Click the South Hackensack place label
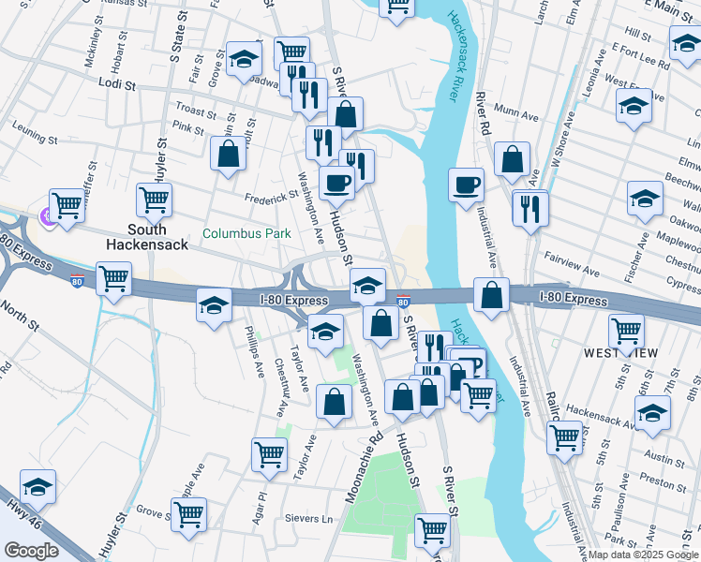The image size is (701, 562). [x=148, y=236]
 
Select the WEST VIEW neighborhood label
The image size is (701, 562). [x=620, y=353]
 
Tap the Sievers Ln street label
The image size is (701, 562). [x=315, y=518]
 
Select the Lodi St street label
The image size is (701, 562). [x=117, y=83]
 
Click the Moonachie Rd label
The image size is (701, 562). [x=365, y=465]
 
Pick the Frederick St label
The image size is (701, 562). [x=271, y=197]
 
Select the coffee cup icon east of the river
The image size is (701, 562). [x=466, y=185]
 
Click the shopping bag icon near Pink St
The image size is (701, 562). [x=228, y=154]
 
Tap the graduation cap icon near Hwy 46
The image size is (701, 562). [x=37, y=486]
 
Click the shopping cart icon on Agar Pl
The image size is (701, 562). [x=270, y=453]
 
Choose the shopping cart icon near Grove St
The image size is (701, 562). [x=189, y=512]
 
